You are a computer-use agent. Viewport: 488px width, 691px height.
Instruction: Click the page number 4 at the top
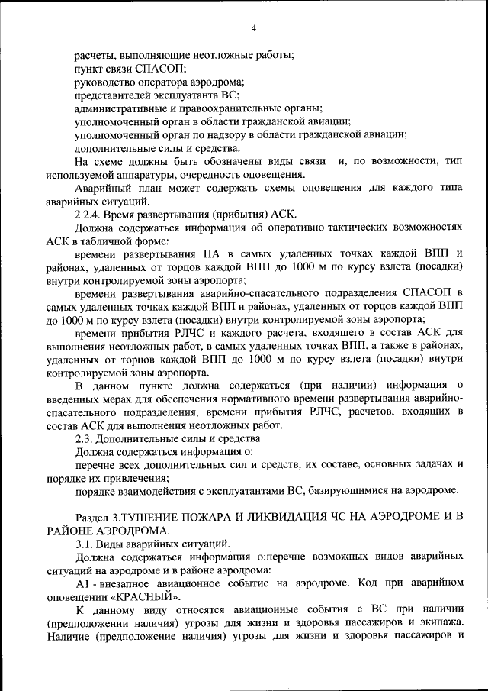pos(253,29)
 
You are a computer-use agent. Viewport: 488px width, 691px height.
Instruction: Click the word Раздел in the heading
pos(96,518)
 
